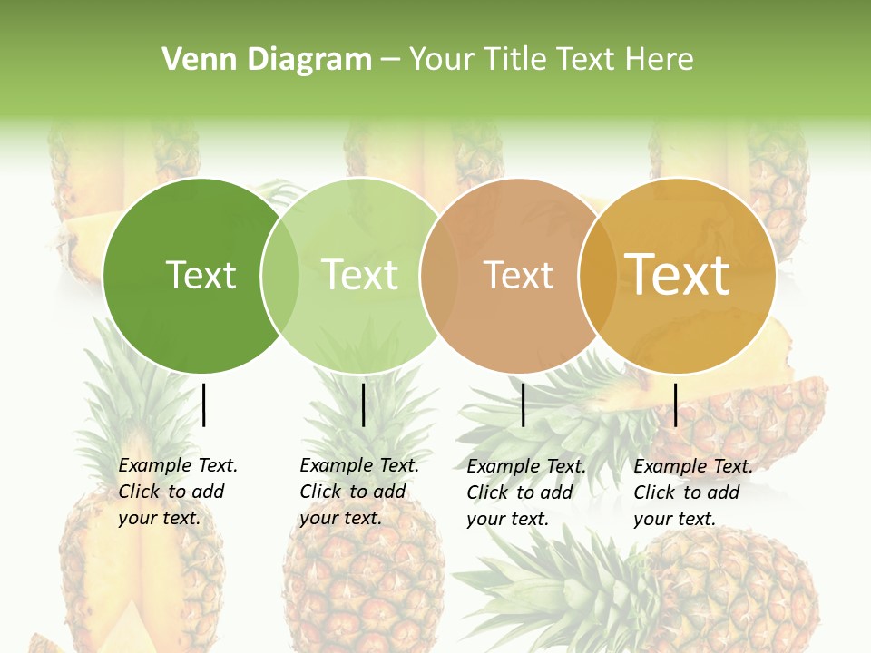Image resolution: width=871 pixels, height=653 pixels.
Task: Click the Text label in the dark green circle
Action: [201, 275]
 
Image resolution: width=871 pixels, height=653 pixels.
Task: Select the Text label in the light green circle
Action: [360, 275]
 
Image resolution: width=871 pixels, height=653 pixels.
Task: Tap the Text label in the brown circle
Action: [518, 275]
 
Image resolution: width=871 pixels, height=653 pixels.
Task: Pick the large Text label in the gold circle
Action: [678, 275]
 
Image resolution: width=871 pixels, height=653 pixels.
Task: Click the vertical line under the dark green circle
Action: [204, 404]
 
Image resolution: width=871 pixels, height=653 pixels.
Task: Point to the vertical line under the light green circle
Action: [364, 404]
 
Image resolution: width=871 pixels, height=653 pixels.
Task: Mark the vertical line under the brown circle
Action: [524, 404]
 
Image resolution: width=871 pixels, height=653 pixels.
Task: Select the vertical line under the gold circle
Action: [676, 404]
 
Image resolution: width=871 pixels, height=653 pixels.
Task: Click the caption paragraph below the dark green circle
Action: [178, 492]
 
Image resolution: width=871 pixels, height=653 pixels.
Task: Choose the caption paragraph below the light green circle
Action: [359, 492]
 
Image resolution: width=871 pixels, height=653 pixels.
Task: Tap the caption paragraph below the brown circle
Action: [526, 492]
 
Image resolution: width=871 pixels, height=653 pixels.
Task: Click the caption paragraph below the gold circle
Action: [693, 492]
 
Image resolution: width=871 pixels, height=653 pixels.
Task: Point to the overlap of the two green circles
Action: [280, 276]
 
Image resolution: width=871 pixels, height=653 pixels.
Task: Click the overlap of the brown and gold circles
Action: [598, 276]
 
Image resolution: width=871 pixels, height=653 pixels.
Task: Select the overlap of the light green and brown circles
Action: [440, 276]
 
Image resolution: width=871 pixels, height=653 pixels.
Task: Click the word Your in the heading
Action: [442, 60]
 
